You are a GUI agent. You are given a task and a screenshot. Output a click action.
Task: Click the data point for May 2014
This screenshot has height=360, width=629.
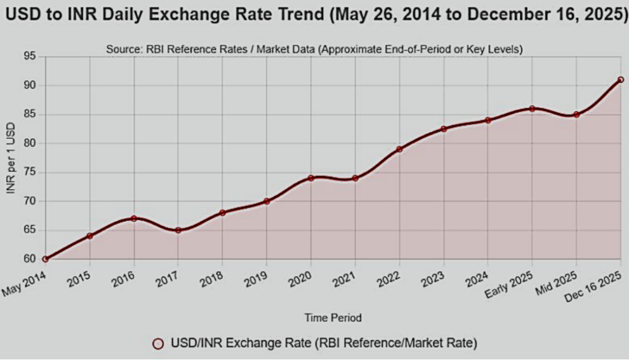45,259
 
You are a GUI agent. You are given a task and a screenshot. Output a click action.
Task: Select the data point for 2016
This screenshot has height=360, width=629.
134,218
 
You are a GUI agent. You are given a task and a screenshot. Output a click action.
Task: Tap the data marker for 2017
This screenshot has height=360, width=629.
178,230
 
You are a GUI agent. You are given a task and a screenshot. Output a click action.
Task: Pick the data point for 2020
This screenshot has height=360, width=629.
311,178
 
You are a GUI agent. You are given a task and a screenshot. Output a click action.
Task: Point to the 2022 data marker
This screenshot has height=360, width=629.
399,149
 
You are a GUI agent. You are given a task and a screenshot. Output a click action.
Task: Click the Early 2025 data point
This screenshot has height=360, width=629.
532,108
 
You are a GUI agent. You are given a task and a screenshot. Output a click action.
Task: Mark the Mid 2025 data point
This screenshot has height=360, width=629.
576,114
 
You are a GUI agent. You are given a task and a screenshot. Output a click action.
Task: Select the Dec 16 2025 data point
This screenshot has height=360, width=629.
620,79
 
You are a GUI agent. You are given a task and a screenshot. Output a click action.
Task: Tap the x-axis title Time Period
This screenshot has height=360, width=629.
333,318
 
